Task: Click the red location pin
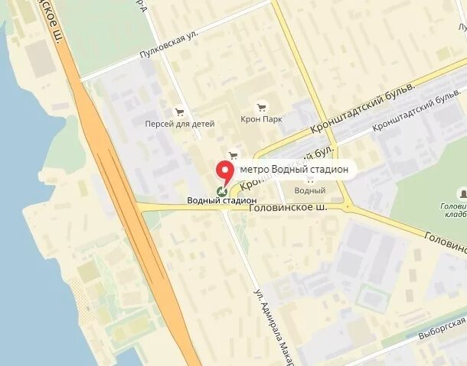coord(225,171)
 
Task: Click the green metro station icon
coord(222,191)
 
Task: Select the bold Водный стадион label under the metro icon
coord(221,201)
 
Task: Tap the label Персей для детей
coord(180,123)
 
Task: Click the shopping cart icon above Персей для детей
coord(180,111)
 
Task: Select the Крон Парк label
coord(262,119)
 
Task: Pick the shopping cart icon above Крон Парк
coord(262,107)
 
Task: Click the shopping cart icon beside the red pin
coord(233,155)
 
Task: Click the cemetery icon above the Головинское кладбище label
coord(462,193)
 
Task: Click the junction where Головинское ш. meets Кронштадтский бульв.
coord(348,206)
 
